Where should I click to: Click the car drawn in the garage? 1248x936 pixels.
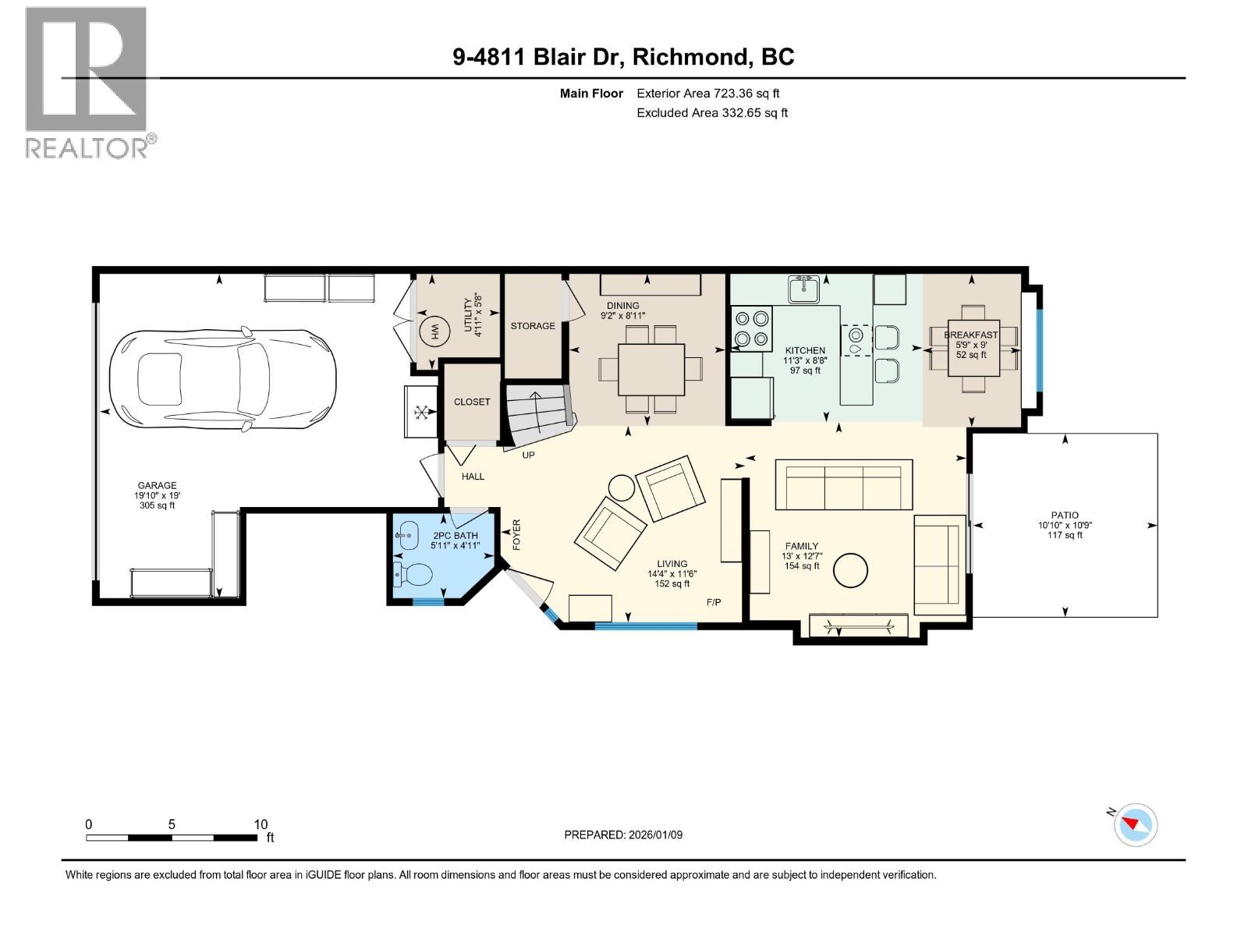click(x=222, y=379)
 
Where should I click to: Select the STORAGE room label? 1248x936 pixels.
click(x=532, y=325)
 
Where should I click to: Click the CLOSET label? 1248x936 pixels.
click(x=471, y=402)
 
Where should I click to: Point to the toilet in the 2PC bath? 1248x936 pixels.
click(x=412, y=575)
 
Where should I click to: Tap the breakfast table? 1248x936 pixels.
click(x=973, y=348)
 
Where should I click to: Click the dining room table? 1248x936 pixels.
click(x=651, y=370)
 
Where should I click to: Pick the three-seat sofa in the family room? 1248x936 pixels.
click(x=844, y=484)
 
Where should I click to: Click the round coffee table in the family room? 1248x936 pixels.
click(x=850, y=570)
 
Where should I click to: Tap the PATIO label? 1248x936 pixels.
click(x=1065, y=516)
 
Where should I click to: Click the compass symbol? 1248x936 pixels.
click(x=1135, y=825)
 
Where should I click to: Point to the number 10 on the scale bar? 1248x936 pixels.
click(x=261, y=824)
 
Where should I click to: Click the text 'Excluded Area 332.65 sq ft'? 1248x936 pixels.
click(x=712, y=112)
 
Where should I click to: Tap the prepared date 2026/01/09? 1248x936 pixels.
click(x=655, y=835)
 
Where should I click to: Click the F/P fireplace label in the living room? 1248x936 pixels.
click(x=714, y=602)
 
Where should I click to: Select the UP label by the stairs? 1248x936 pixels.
click(x=528, y=456)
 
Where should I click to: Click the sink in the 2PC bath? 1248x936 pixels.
click(x=408, y=535)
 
